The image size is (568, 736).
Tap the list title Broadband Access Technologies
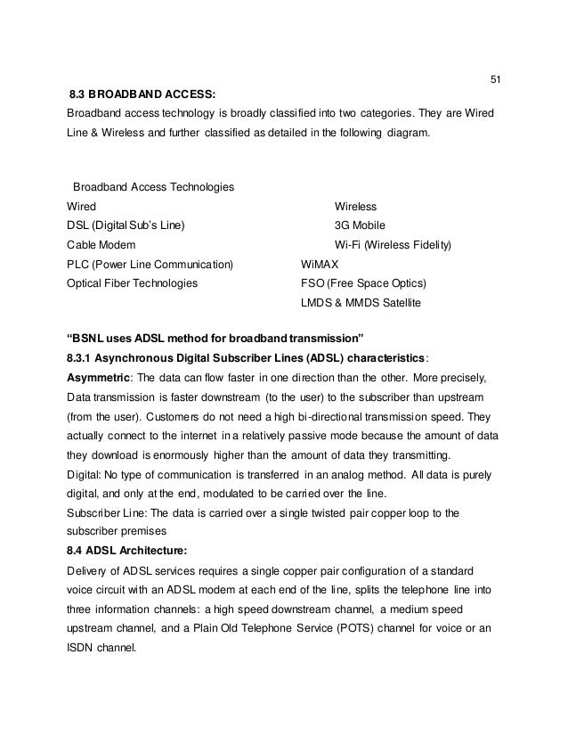[x=153, y=187]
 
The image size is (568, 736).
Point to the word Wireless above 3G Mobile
[x=355, y=207]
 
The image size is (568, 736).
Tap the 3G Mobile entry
[x=360, y=225]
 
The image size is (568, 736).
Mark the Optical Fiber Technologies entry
[x=133, y=284]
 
